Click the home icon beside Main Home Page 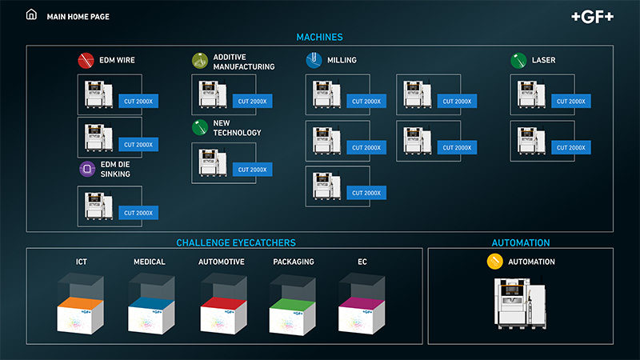(32, 15)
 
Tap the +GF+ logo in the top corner (594, 16)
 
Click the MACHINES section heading (319, 37)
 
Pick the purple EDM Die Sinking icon (86, 169)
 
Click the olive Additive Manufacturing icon (200, 61)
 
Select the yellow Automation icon (495, 262)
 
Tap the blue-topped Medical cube (150, 307)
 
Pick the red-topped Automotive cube (221, 307)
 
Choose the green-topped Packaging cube (291, 307)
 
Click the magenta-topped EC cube (361, 307)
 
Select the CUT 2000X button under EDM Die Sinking (138, 213)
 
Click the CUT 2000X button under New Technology (252, 170)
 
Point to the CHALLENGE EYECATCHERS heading (236, 242)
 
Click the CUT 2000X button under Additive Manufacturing (252, 102)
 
